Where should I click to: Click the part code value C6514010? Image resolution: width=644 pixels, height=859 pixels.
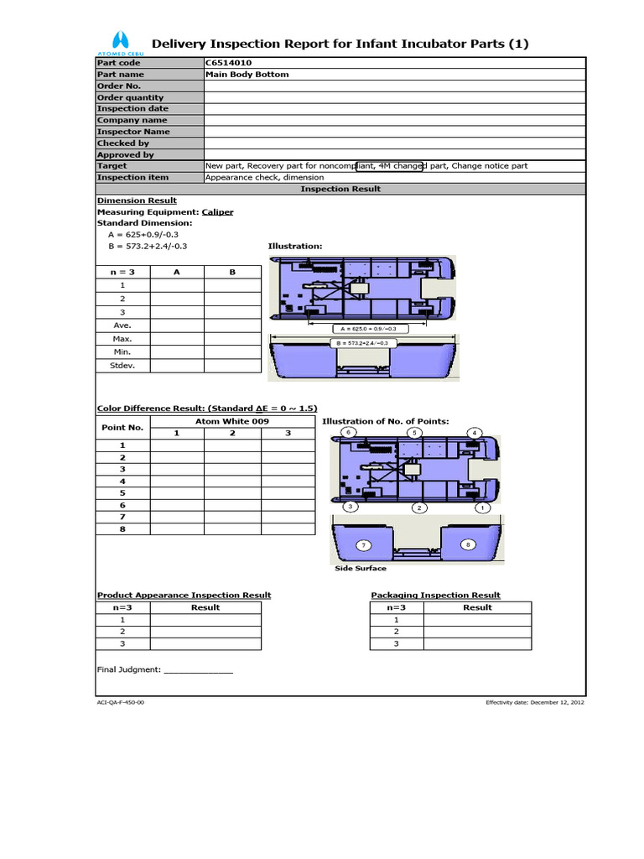[x=226, y=63]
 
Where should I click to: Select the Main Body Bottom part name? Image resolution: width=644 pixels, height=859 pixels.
[x=247, y=75]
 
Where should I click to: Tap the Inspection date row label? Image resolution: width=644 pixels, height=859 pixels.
[x=132, y=109]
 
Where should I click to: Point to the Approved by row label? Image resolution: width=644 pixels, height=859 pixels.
[x=126, y=154]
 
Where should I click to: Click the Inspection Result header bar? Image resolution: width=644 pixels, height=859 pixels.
[x=340, y=189]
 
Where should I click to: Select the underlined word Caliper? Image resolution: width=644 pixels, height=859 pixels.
[x=217, y=212]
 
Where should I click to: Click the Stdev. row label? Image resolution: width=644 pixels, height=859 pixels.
[x=123, y=366]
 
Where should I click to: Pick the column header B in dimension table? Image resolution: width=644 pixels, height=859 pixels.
[x=232, y=273]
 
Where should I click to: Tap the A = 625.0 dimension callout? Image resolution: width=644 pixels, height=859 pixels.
[x=369, y=328]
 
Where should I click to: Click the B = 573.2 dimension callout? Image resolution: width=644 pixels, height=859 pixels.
[x=362, y=343]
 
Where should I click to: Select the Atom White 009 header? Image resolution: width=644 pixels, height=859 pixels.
[x=232, y=421]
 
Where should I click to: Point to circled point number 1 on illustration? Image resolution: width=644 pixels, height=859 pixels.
[x=481, y=508]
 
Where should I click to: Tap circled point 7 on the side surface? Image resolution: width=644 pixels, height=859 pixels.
[x=363, y=544]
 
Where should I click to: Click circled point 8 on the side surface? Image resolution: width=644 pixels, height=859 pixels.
[x=467, y=544]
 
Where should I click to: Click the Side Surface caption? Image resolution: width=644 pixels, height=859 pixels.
[x=361, y=569]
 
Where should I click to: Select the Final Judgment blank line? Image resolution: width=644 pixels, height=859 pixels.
[x=198, y=671]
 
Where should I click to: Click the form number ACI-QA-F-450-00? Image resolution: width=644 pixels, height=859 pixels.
[x=121, y=702]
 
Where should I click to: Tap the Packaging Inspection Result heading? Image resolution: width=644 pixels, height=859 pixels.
[x=435, y=596]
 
